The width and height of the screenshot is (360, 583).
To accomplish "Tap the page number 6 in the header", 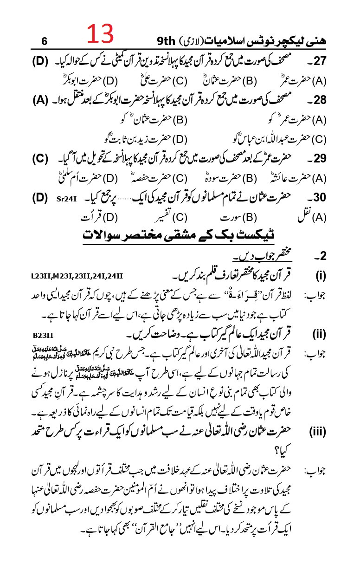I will [44, 41].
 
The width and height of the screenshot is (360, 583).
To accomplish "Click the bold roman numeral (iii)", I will [318, 432].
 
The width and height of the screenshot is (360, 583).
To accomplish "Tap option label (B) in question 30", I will [250, 217].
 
